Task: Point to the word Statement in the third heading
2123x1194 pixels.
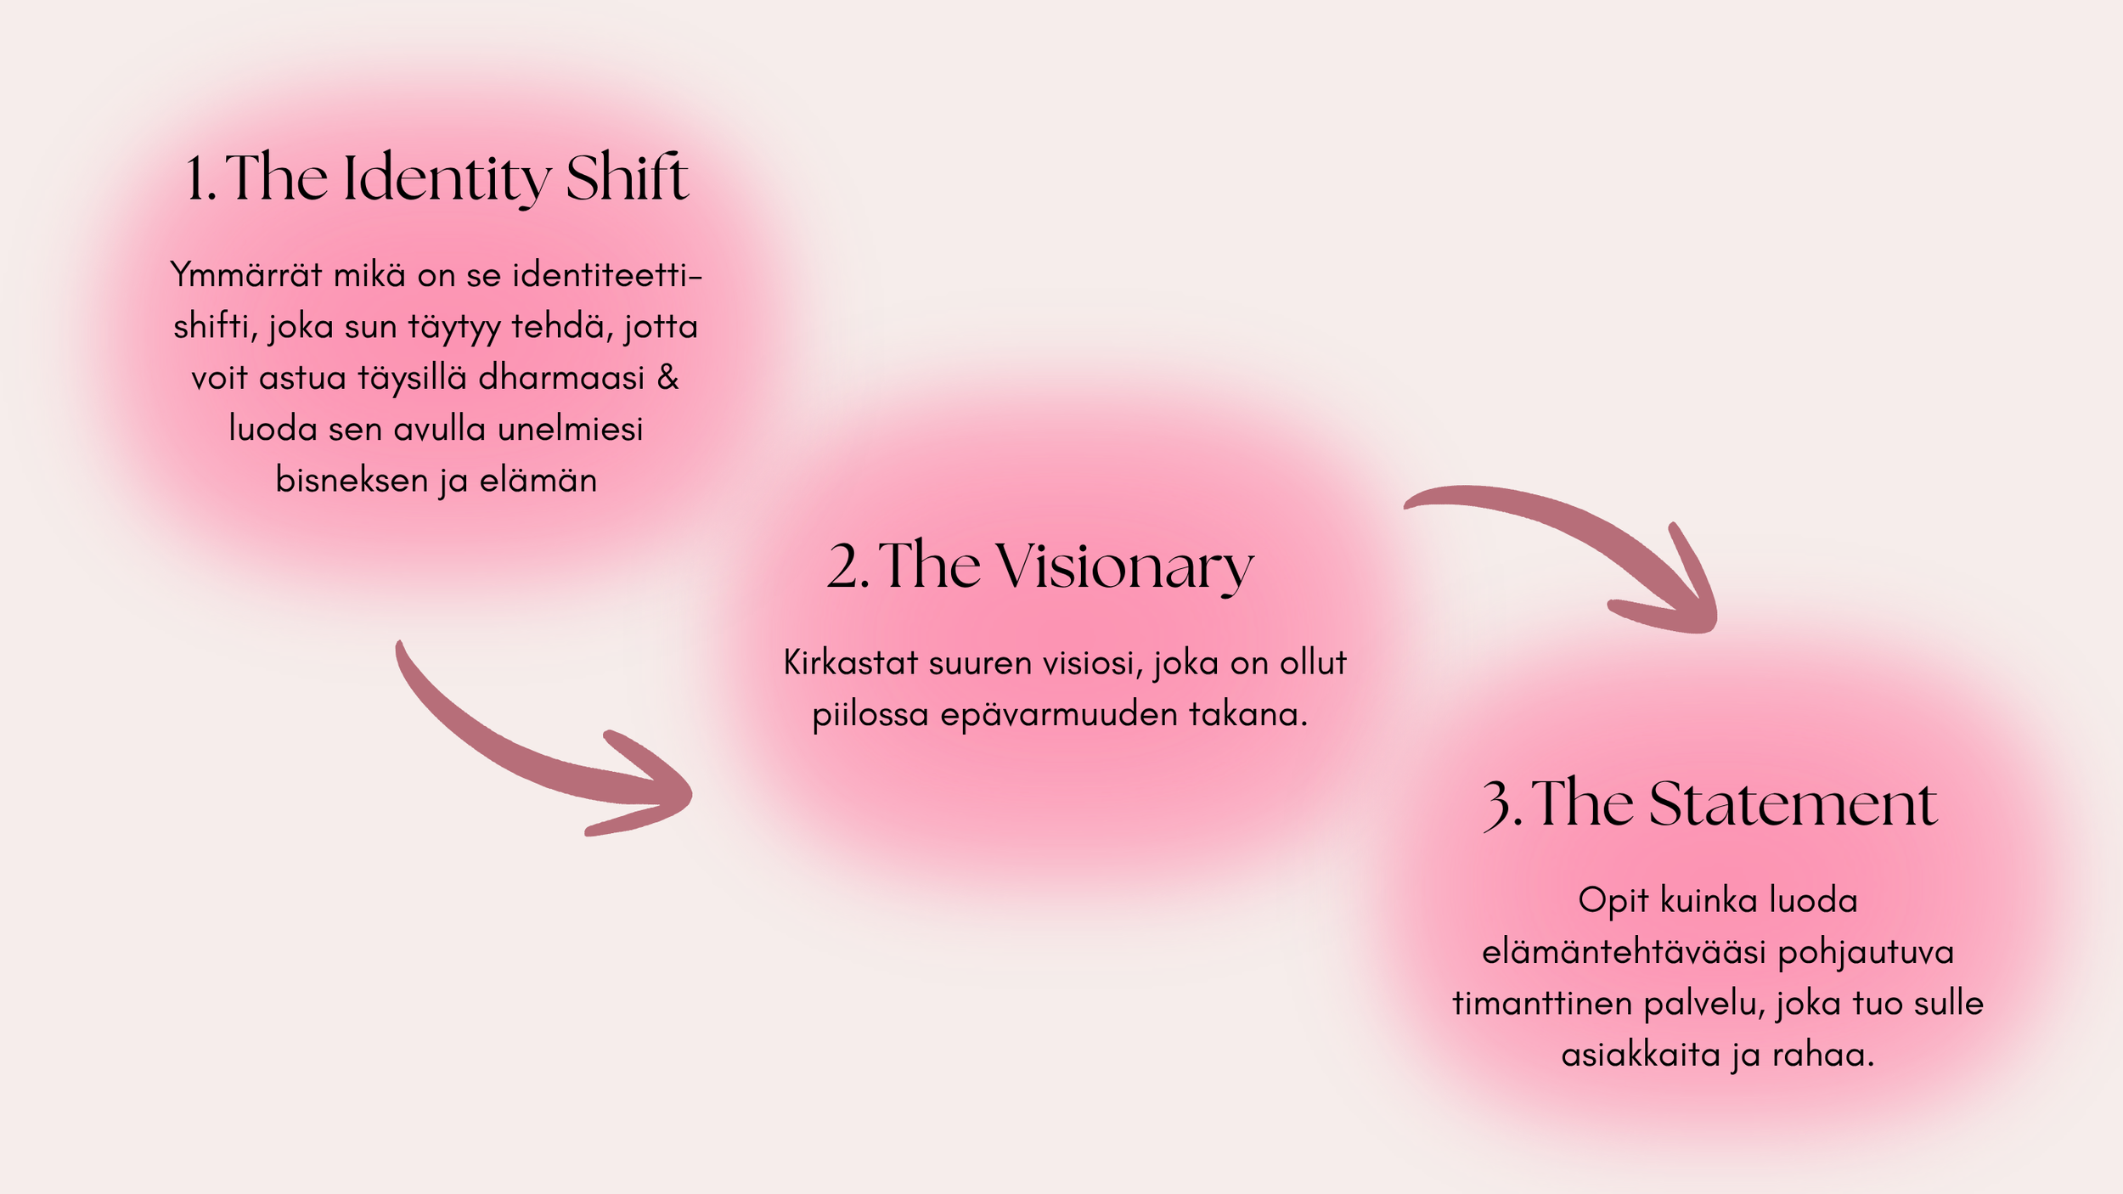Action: [1793, 803]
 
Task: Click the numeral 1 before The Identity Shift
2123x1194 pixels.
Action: [197, 180]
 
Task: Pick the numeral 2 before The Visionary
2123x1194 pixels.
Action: [844, 567]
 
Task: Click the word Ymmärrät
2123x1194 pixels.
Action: [246, 276]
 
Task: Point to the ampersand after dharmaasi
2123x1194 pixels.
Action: [668, 378]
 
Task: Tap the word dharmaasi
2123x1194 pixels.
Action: [561, 378]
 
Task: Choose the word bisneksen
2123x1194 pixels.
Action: [352, 481]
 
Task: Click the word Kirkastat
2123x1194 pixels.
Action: [851, 663]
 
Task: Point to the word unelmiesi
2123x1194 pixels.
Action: [570, 430]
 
